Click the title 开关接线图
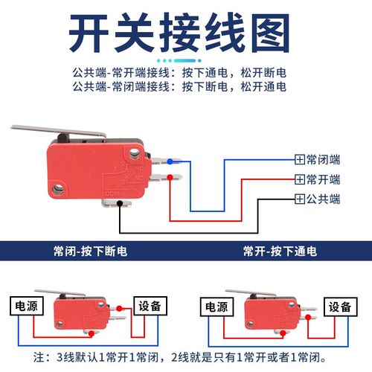[186, 33]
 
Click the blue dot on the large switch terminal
[170, 160]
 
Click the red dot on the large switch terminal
[170, 177]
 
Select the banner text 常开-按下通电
[280, 251]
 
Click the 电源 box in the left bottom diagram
[23, 306]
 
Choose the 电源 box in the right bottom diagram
[216, 306]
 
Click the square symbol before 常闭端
[300, 159]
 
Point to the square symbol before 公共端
[300, 199]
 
